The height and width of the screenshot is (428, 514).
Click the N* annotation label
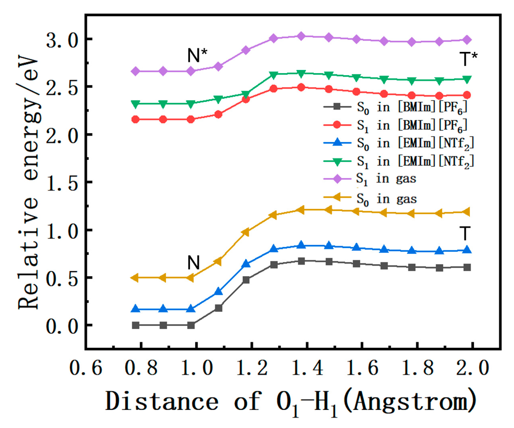click(x=197, y=55)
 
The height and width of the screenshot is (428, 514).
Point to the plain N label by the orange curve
click(x=193, y=263)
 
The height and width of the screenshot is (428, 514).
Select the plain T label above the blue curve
click(x=465, y=233)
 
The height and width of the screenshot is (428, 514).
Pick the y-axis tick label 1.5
click(x=62, y=183)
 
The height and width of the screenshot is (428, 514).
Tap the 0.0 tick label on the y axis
click(x=62, y=326)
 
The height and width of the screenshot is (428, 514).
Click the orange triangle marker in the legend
click(x=337, y=198)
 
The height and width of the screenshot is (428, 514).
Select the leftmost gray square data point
click(x=136, y=325)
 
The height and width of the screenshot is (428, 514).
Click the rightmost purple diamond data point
click(x=467, y=40)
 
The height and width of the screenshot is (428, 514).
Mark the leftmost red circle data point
click(x=136, y=119)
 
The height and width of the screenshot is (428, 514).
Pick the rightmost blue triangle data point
click(x=467, y=250)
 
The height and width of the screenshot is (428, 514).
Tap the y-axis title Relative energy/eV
click(x=28, y=182)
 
